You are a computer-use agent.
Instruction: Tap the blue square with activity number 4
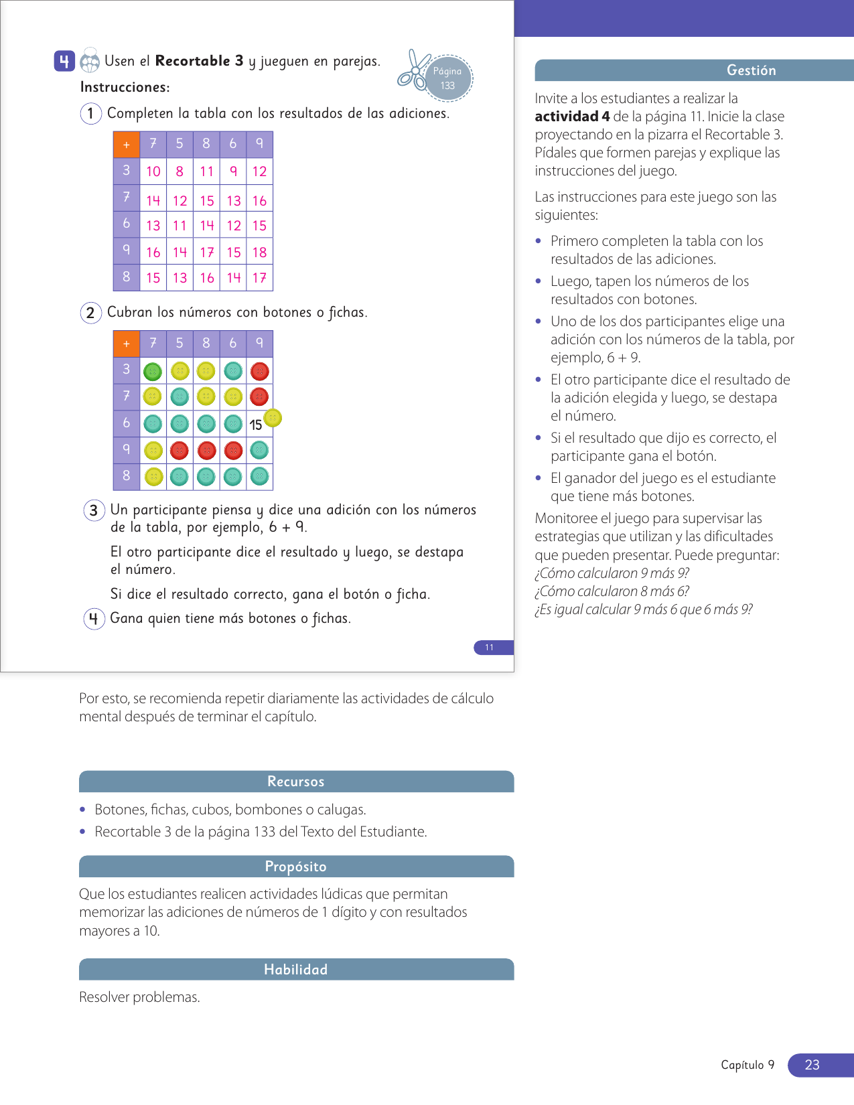pyautogui.click(x=64, y=62)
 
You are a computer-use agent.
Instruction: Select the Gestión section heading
pyautogui.click(x=751, y=70)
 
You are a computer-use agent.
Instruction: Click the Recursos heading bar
pyautogui.click(x=296, y=782)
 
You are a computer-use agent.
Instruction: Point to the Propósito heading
pyautogui.click(x=296, y=867)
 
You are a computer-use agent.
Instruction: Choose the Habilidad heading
pyautogui.click(x=296, y=970)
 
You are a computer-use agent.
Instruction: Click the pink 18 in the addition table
pyautogui.click(x=259, y=252)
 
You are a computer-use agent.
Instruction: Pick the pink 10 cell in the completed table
pyautogui.click(x=153, y=171)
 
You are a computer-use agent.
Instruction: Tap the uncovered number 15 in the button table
pyautogui.click(x=256, y=425)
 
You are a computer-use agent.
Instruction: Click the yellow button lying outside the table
pyautogui.click(x=273, y=418)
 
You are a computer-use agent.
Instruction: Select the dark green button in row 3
pyautogui.click(x=153, y=371)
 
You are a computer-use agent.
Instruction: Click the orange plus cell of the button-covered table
pyautogui.click(x=127, y=344)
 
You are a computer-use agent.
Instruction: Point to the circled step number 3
pyautogui.click(x=94, y=510)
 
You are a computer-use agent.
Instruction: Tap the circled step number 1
pyautogui.click(x=90, y=113)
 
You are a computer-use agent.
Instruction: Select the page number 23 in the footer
pyautogui.click(x=812, y=1065)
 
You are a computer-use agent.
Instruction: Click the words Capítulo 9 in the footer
pyautogui.click(x=748, y=1065)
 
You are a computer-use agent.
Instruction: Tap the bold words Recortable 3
pyautogui.click(x=199, y=61)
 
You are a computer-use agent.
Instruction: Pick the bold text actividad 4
pyautogui.click(x=572, y=117)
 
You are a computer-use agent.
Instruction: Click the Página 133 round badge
pyautogui.click(x=447, y=78)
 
